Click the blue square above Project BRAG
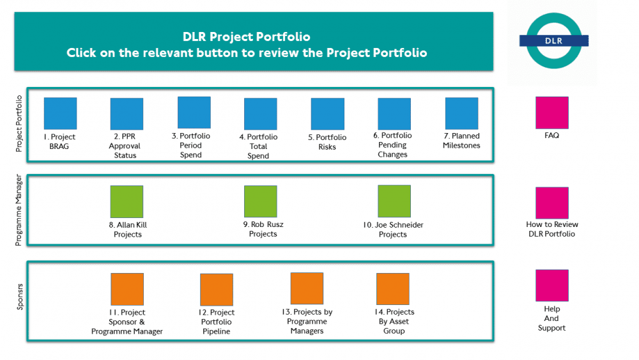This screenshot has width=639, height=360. (60, 113)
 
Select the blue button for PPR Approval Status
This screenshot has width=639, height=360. (127, 114)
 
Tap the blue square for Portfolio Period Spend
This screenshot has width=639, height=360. (194, 113)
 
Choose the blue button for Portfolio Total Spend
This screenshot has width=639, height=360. (261, 114)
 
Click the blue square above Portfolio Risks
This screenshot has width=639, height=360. (327, 114)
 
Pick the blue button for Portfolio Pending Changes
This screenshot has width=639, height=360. (394, 114)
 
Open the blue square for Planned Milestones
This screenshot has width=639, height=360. (461, 113)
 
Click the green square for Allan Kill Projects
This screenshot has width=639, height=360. (127, 201)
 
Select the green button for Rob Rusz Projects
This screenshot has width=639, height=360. (261, 201)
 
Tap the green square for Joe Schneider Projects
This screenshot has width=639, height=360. (394, 201)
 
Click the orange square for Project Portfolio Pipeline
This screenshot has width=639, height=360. (217, 290)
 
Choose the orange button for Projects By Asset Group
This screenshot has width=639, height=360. (392, 289)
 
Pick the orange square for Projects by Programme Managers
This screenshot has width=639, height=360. (307, 288)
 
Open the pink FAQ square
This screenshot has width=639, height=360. (551, 113)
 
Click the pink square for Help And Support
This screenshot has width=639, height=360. (551, 285)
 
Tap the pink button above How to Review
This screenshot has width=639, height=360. (551, 203)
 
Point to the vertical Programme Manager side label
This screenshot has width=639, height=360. (19, 210)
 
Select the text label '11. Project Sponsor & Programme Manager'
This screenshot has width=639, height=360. (127, 322)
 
